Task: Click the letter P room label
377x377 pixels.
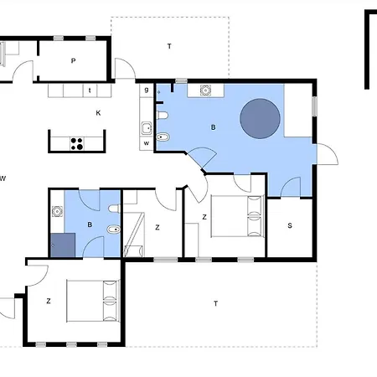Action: [73, 60]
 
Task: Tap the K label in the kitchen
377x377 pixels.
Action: [98, 113]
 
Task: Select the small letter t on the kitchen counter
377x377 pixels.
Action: [90, 90]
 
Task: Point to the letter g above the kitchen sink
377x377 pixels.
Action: [147, 90]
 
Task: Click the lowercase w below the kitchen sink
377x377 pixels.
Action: [147, 143]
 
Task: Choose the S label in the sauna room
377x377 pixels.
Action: [290, 225]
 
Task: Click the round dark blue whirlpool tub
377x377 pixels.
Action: [260, 118]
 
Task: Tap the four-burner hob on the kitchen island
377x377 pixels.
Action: [77, 144]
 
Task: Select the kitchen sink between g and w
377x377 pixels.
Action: [147, 128]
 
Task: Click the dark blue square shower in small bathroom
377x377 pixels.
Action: [63, 245]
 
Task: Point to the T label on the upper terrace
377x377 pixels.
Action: [169, 46]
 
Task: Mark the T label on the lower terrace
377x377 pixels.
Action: [215, 303]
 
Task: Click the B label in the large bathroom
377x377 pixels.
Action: [214, 127]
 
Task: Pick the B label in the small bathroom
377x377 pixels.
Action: [90, 225]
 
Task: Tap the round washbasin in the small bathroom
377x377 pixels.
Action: [57, 211]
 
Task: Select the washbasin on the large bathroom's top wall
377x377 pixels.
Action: [205, 90]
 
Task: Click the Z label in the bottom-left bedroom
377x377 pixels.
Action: [49, 301]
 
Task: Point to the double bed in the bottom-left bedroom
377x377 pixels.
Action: [93, 301]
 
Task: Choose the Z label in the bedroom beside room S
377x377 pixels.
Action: [204, 217]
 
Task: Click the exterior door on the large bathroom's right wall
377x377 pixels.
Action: [328, 154]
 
